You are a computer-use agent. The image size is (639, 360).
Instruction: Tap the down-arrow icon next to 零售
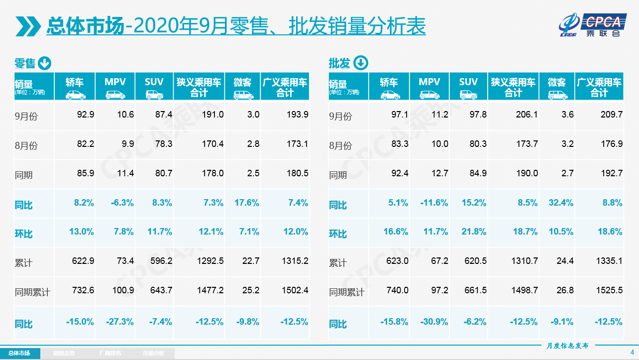[45, 63]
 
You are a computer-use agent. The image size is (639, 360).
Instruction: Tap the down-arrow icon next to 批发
[360, 63]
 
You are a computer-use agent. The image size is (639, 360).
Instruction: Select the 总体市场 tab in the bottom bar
[19, 354]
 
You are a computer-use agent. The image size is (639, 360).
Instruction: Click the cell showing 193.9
[298, 115]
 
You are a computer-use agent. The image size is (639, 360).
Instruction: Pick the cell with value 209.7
[612, 115]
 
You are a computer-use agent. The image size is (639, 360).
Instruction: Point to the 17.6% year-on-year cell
[246, 203]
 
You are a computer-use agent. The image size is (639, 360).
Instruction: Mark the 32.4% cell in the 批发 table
[561, 203]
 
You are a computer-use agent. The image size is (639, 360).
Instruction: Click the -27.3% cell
[119, 322]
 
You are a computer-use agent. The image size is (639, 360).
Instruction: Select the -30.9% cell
[434, 322]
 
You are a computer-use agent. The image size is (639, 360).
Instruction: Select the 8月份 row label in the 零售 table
[26, 146]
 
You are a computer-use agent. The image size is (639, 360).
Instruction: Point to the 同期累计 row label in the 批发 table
[346, 292]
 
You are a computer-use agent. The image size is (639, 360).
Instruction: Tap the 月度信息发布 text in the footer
[567, 345]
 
